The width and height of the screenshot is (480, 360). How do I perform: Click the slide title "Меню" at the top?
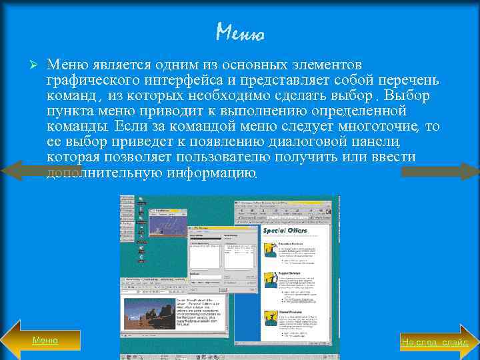pyautogui.click(x=240, y=31)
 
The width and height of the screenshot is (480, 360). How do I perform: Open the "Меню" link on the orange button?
pyautogui.click(x=45, y=340)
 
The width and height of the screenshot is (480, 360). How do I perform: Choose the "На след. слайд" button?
pyautogui.click(x=435, y=342)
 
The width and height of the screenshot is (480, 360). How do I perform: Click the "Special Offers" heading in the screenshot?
pyautogui.click(x=285, y=231)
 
